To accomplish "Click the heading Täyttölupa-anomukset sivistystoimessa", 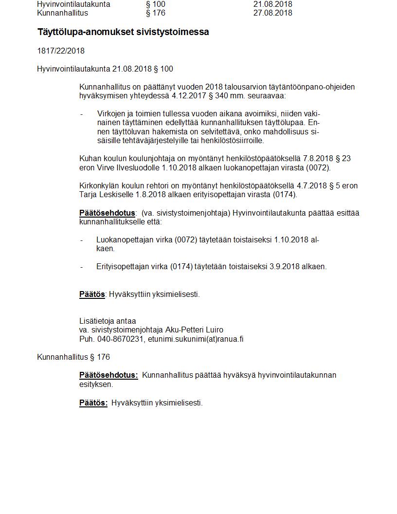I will (x=123, y=32).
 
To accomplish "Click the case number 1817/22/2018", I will (x=61, y=51).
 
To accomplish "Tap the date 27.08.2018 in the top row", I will (x=272, y=13).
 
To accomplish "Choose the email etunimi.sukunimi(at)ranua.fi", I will (x=196, y=339).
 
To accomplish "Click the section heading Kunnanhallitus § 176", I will (x=73, y=357).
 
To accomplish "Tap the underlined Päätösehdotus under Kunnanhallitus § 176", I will (x=108, y=375).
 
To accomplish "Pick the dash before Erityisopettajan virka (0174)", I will (x=82, y=267).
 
